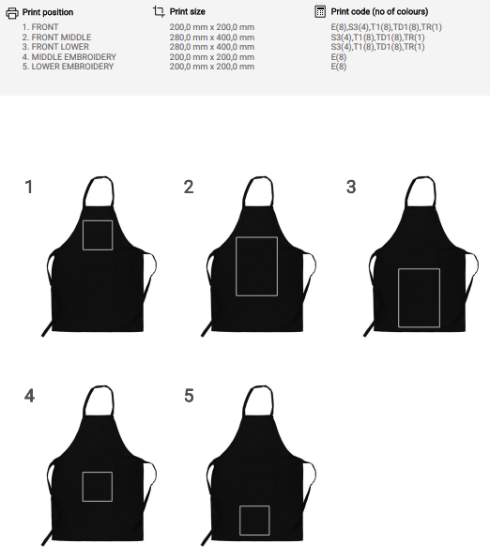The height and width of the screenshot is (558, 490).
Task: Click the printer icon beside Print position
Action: [x=12, y=13]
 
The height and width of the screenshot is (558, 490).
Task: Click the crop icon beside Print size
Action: [x=159, y=11]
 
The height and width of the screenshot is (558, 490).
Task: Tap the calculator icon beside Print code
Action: [x=320, y=11]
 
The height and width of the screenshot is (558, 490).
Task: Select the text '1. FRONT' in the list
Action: [x=40, y=27]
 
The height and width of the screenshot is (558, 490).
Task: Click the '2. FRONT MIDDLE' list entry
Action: [x=56, y=37]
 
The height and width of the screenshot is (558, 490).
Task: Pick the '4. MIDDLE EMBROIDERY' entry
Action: [x=69, y=57]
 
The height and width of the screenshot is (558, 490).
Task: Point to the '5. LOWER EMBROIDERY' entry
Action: [x=68, y=67]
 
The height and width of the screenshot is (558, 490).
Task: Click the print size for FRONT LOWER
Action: [x=212, y=47]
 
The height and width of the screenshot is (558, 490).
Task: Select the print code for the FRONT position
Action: [x=387, y=27]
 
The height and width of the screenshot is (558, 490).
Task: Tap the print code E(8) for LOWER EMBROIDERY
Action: [x=339, y=67]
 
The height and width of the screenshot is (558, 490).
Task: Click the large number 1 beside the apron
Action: [x=29, y=187]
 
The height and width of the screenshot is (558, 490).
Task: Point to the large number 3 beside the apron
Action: [x=351, y=187]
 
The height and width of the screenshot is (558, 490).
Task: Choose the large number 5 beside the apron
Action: [x=189, y=396]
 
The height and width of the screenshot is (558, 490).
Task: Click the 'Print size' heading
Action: [x=188, y=12]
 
